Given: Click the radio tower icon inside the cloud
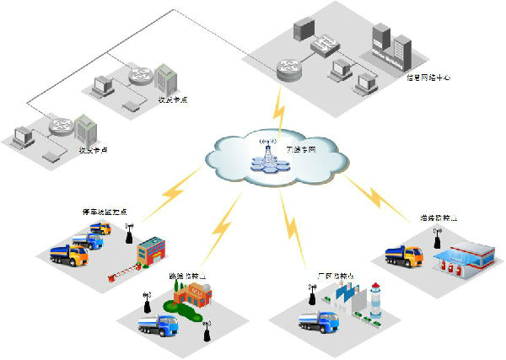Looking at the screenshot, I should (x=269, y=156).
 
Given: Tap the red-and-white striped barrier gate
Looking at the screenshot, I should (x=122, y=272).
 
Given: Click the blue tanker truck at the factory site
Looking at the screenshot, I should (x=318, y=321).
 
